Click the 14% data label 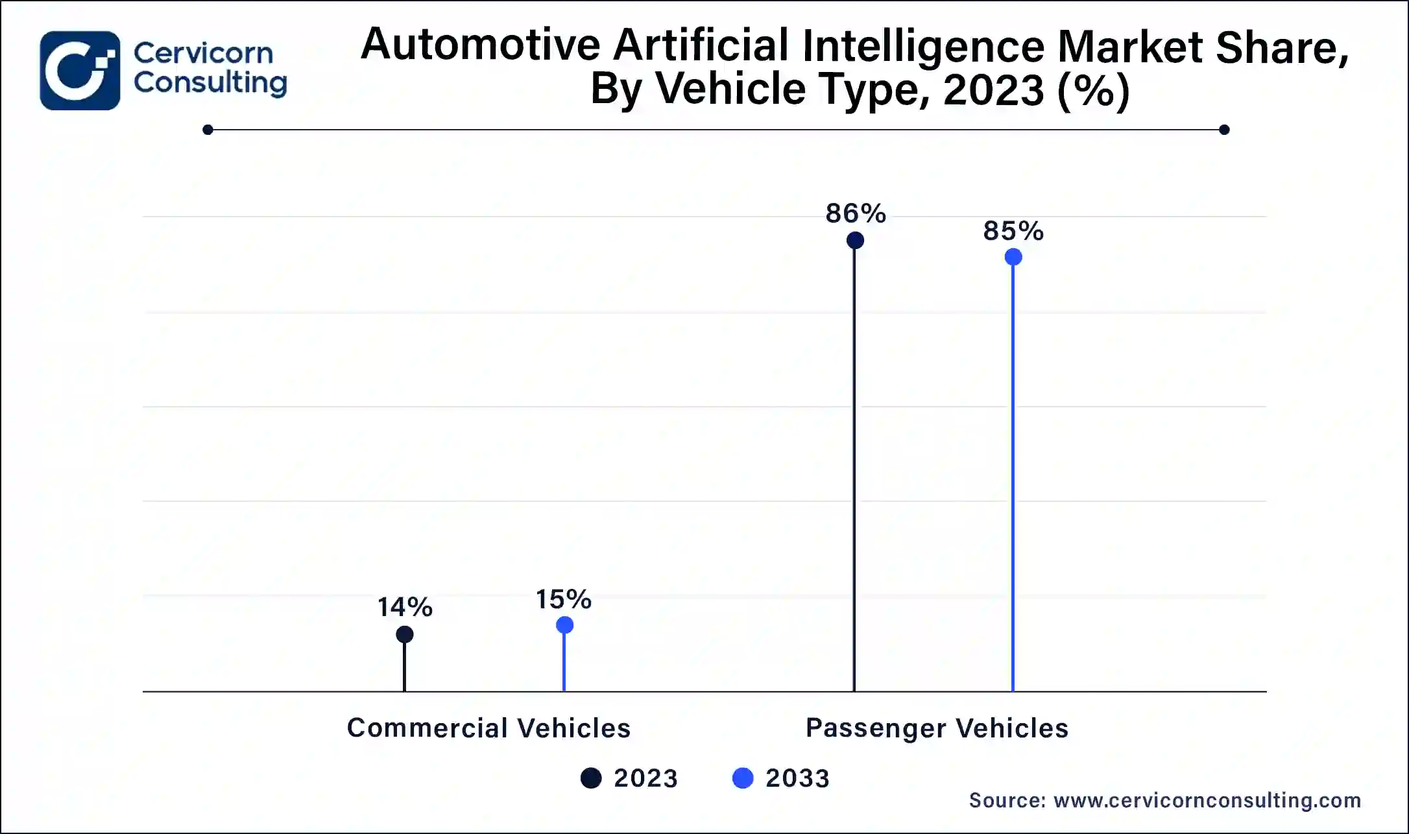click(x=405, y=607)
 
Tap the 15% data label click(x=563, y=599)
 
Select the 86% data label click(x=856, y=213)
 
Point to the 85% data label click(x=1013, y=231)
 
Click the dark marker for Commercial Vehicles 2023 click(x=405, y=634)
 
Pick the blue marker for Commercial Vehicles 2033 click(x=564, y=625)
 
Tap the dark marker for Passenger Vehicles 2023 click(x=855, y=241)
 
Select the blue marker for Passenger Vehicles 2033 click(x=1013, y=257)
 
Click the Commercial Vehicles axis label click(x=488, y=728)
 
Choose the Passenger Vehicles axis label click(x=937, y=728)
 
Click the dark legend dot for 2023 click(x=591, y=778)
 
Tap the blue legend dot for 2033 click(x=743, y=778)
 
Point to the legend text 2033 click(x=797, y=778)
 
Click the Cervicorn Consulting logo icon click(x=80, y=71)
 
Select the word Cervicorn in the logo click(x=203, y=53)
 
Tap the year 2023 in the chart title click(x=993, y=89)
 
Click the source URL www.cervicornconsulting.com click(x=1207, y=800)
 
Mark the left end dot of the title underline click(x=208, y=130)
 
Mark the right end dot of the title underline click(x=1224, y=130)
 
